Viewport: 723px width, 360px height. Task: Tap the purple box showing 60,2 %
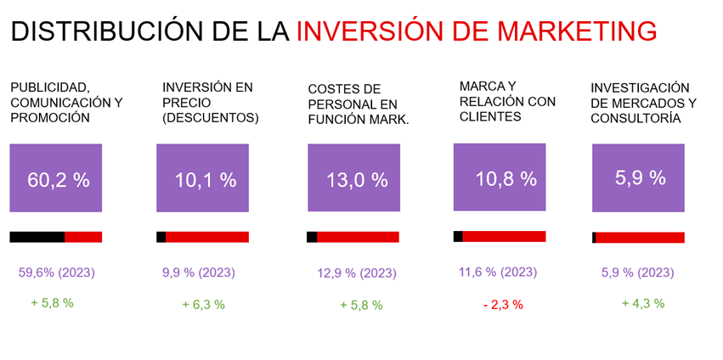pos(56,178)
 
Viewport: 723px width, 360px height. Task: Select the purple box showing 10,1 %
pos(202,178)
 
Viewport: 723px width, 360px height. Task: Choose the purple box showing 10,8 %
pos(500,177)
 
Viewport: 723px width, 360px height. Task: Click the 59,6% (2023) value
pos(56,273)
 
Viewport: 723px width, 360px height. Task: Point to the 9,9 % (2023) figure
pos(199,273)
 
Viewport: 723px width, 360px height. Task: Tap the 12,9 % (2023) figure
pos(357,273)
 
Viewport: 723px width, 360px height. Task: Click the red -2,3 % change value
pos(503,304)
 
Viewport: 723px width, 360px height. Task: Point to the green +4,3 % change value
pos(643,303)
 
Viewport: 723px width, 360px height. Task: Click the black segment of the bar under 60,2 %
pos(37,237)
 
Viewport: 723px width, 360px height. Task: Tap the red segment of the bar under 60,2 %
pos(83,237)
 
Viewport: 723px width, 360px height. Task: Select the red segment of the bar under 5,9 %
pos(640,238)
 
